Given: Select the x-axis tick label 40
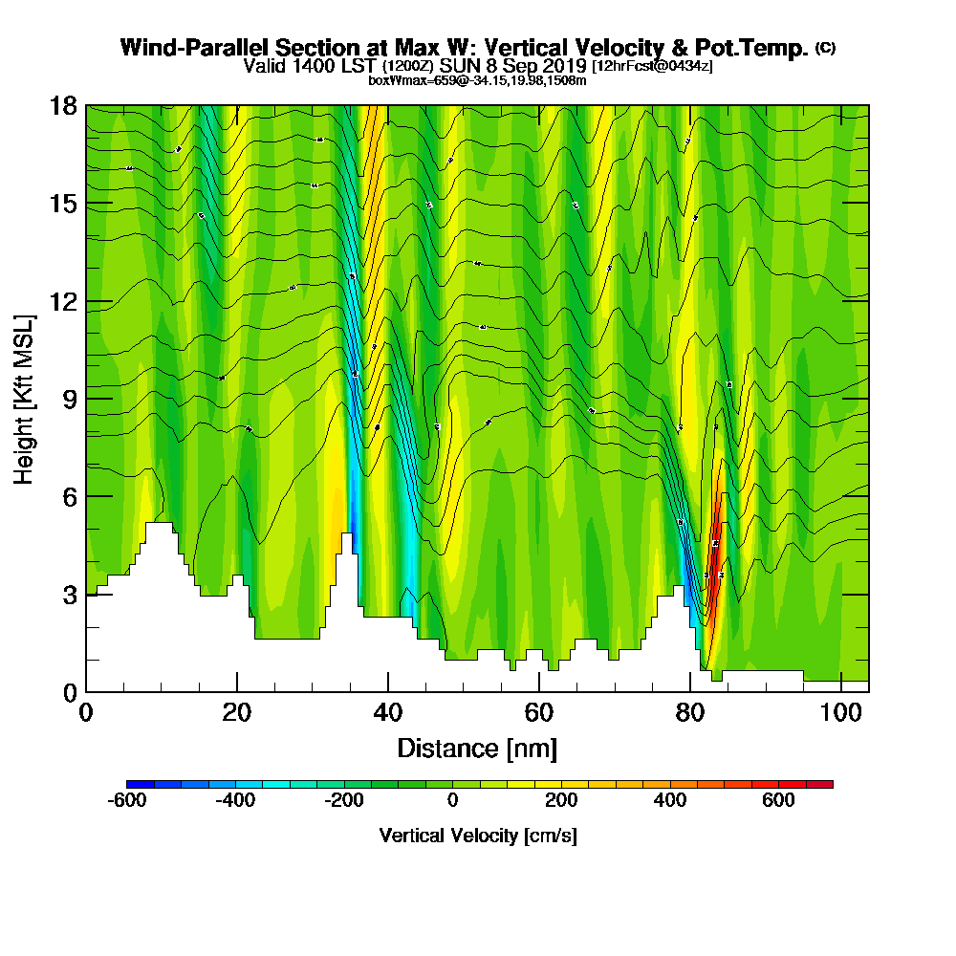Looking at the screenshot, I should coord(387,712).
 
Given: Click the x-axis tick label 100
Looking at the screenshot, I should coord(839,712).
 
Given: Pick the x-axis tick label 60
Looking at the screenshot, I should coord(538,712).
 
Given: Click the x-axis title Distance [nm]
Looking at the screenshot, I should coord(477,748).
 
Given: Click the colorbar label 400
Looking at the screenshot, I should coord(670,800).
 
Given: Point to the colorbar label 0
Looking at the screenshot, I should coord(453,800).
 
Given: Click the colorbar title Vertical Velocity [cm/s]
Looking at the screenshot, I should coord(478,836).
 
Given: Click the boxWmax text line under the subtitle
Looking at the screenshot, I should coord(477,80).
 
